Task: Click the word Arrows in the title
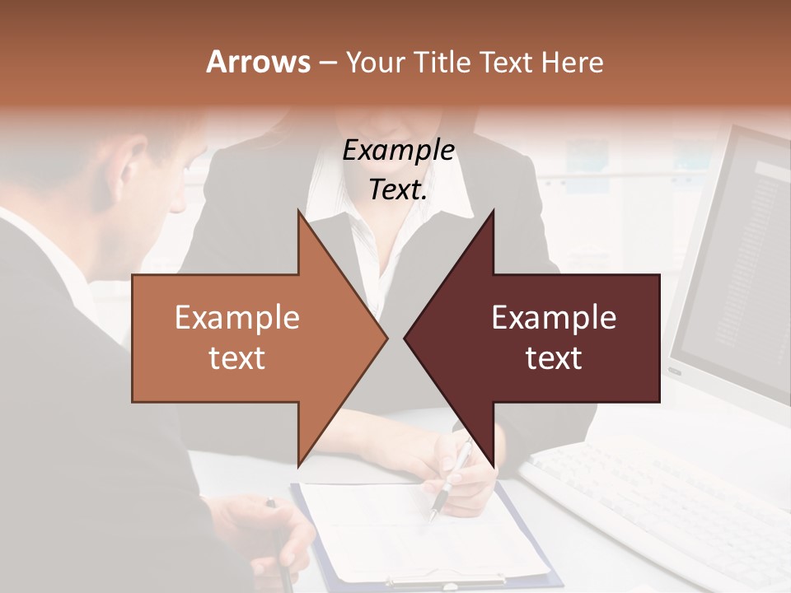257,62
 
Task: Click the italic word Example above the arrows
398,151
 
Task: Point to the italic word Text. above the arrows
398,190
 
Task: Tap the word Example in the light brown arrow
237,318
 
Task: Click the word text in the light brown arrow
237,358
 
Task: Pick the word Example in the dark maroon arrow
554,318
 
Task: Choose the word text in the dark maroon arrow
554,358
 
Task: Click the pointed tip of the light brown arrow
385,338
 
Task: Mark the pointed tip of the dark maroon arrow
406,338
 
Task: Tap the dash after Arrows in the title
327,63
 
